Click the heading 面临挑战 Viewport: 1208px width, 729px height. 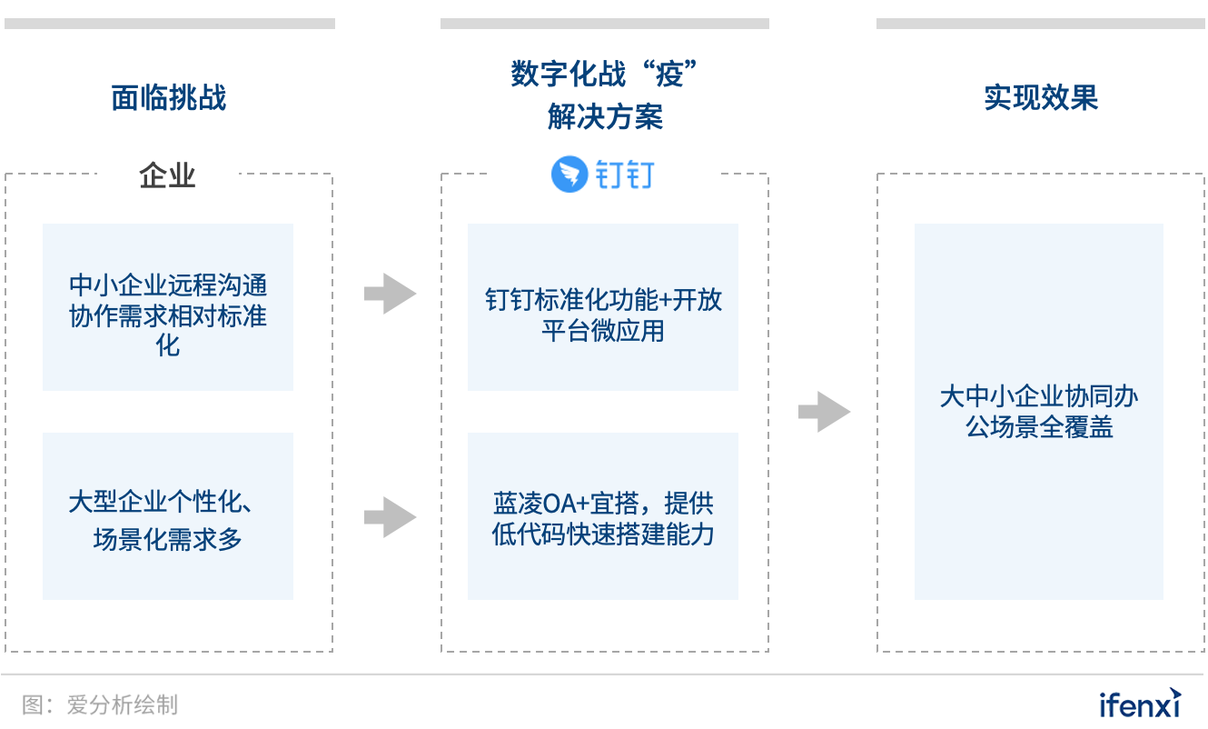pyautogui.click(x=168, y=97)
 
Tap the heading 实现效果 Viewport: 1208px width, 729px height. pyautogui.click(x=1041, y=97)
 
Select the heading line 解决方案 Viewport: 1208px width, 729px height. pyautogui.click(x=605, y=116)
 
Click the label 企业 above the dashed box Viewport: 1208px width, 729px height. pyautogui.click(x=168, y=175)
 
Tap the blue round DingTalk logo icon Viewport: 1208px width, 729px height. pyautogui.click(x=569, y=175)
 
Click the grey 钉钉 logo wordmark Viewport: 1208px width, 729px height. pyautogui.click(x=625, y=175)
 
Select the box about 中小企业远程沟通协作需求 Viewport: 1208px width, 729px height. pyautogui.click(x=168, y=307)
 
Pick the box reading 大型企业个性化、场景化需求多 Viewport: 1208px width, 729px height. pyautogui.click(x=168, y=516)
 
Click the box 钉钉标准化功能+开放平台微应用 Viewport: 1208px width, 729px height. pyautogui.click(x=603, y=307)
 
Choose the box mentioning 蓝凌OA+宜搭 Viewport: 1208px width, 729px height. pyautogui.click(x=603, y=516)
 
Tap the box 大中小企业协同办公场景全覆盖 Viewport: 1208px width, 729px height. pyautogui.click(x=1039, y=412)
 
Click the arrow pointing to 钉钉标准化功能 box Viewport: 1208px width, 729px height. pyautogui.click(x=390, y=294)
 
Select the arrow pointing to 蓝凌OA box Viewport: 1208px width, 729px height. pyautogui.click(x=390, y=517)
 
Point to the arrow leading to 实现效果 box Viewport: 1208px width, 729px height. pyautogui.click(x=824, y=412)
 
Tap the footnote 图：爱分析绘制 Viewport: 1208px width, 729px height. pyautogui.click(x=100, y=704)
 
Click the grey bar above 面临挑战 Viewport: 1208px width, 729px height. pyautogui.click(x=169, y=24)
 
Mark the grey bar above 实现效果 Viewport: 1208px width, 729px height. pyautogui.click(x=1041, y=24)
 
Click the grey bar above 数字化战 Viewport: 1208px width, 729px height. pyautogui.click(x=605, y=24)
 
